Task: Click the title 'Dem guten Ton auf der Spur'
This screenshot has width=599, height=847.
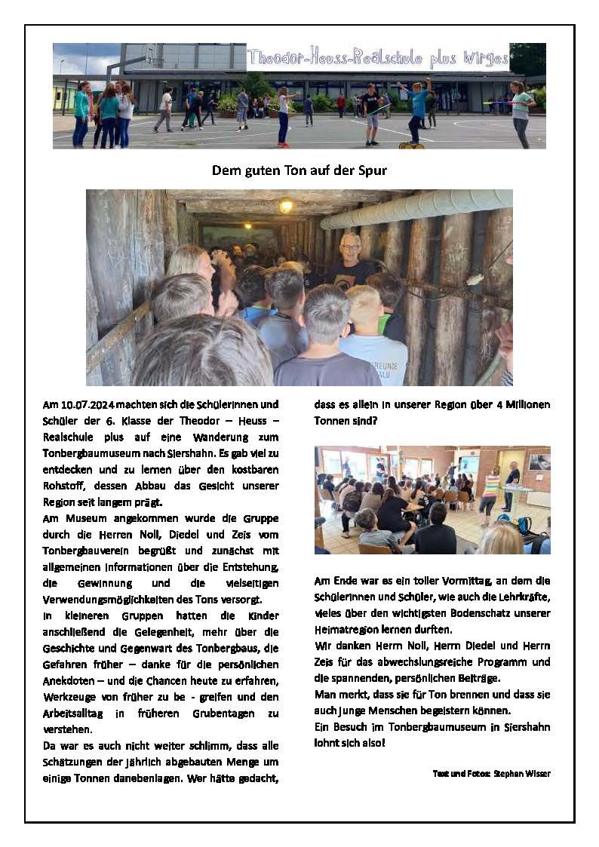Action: (x=299, y=170)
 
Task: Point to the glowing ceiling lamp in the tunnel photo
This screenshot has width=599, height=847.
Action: (x=285, y=205)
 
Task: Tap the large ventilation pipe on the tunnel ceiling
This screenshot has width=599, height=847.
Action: (x=415, y=207)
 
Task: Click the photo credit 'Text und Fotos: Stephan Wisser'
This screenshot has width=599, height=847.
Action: (x=491, y=773)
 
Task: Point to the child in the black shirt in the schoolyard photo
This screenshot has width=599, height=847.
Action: (x=370, y=113)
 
